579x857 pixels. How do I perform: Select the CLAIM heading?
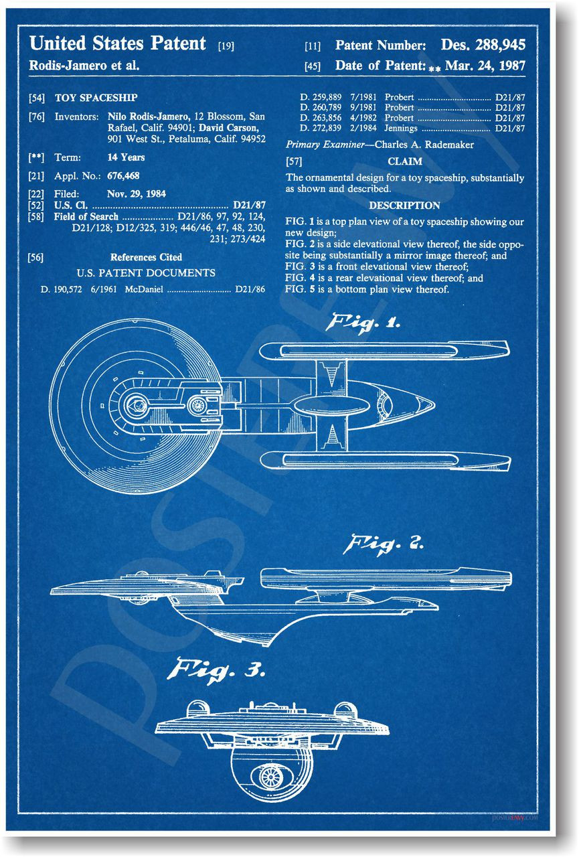coord(405,161)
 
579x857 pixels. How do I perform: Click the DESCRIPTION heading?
coord(404,206)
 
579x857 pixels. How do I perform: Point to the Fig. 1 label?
coord(362,323)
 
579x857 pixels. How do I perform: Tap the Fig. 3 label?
coord(220,669)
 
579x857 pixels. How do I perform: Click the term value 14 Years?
coord(126,158)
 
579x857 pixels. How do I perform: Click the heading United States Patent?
coord(118,44)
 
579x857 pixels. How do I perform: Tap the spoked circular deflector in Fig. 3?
coord(272,777)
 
